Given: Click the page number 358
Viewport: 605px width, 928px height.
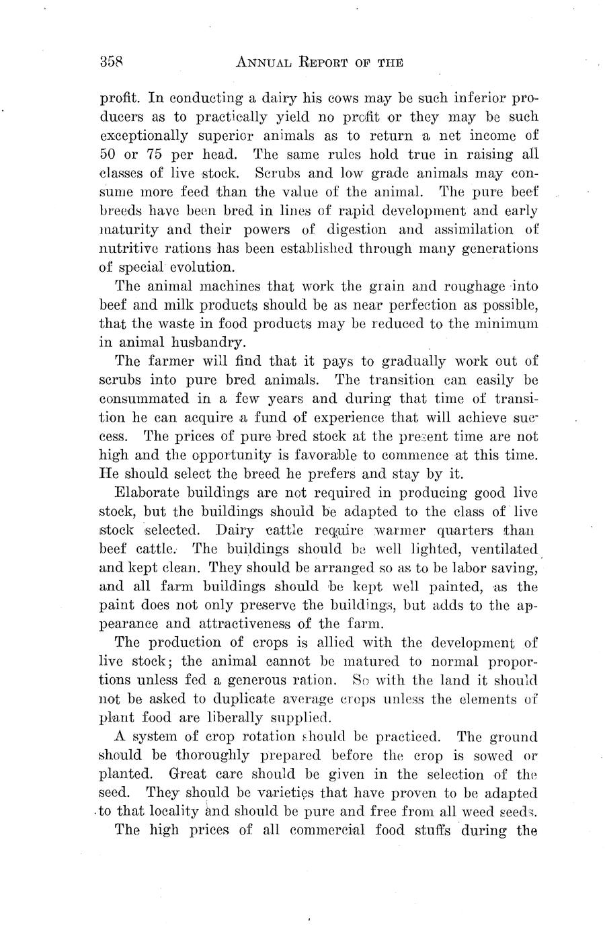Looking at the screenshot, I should (x=112, y=62).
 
